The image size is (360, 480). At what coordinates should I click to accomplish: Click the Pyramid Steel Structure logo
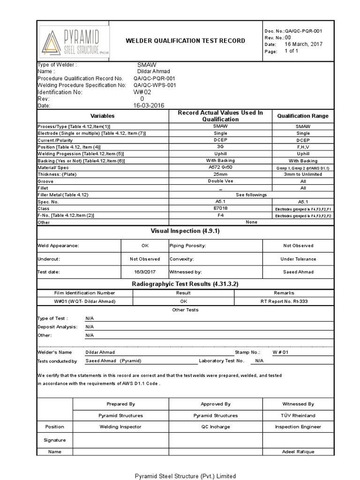point(75,41)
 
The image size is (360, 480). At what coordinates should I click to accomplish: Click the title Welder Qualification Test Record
point(185,41)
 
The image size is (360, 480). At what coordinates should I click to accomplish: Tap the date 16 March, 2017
point(304,44)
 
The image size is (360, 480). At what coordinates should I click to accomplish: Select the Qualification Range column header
point(303,116)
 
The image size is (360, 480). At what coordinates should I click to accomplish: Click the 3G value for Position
point(220,147)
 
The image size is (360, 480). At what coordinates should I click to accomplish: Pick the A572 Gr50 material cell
point(220,167)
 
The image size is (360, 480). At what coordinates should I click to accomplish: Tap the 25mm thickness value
point(220,174)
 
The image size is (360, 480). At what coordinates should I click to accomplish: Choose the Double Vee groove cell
point(220,181)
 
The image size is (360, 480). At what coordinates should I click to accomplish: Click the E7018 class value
point(220,208)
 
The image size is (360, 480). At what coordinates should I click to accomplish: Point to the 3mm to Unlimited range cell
point(303,174)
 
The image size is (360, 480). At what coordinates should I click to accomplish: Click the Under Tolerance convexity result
point(298,259)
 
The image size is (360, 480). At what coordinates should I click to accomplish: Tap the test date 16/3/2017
point(144,272)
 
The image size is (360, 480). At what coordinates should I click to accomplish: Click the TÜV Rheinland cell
point(298,415)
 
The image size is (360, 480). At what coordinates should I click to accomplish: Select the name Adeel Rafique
point(298,452)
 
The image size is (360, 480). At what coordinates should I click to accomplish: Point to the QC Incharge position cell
point(215,427)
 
